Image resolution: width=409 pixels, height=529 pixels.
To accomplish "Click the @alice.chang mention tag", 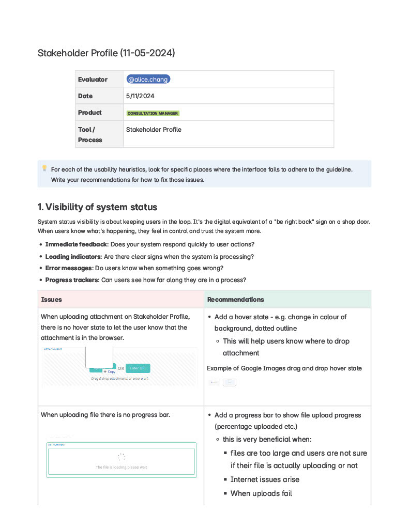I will (x=148, y=79).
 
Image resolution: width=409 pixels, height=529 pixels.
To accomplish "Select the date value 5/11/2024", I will (x=140, y=96).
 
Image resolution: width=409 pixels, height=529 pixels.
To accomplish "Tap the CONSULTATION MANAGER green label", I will (x=153, y=113).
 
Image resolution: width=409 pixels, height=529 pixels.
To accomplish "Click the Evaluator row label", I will (x=93, y=79).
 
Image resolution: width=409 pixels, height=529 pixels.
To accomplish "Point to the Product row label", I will (x=90, y=113).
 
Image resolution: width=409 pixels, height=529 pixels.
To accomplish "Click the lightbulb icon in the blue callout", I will (x=44, y=168).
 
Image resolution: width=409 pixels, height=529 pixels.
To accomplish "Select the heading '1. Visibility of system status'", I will (x=97, y=207).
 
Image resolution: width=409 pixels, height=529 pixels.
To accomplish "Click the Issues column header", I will (x=52, y=300).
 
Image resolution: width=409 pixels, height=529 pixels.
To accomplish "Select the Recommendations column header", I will (x=235, y=300).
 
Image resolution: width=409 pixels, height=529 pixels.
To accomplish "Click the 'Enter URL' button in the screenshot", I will (x=138, y=368).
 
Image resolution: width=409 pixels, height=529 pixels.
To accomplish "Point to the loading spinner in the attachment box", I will (x=121, y=457).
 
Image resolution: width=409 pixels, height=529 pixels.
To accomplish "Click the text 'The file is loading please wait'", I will (x=121, y=467).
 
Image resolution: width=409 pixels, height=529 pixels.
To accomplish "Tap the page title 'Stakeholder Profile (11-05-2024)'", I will (x=107, y=53).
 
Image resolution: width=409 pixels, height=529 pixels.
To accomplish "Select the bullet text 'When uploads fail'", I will (x=261, y=493).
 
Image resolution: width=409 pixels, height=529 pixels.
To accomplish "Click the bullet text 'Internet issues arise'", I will (x=265, y=479).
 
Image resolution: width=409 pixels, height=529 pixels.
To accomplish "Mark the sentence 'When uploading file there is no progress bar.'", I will (x=105, y=415).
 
